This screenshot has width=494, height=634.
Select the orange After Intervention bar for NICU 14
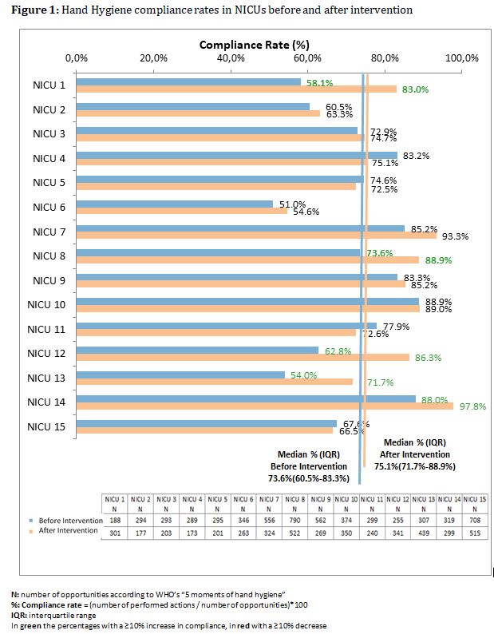(264, 406)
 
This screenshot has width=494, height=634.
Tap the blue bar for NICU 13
(180, 374)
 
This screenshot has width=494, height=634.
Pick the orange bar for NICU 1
(235, 89)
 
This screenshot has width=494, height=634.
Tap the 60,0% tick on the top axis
(307, 57)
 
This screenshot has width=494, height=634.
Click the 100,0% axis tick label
(461, 57)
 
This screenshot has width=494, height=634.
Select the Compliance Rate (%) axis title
(254, 45)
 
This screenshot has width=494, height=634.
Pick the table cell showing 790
(295, 520)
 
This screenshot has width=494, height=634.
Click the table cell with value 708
(476, 520)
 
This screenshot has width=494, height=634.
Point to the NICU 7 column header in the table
(270, 499)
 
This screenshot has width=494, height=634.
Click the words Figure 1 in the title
(30, 10)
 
